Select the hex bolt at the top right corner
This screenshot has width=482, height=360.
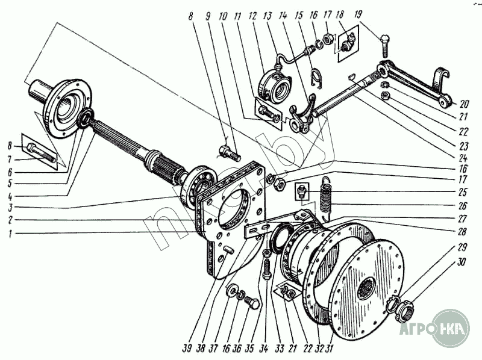coord(384,45)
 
